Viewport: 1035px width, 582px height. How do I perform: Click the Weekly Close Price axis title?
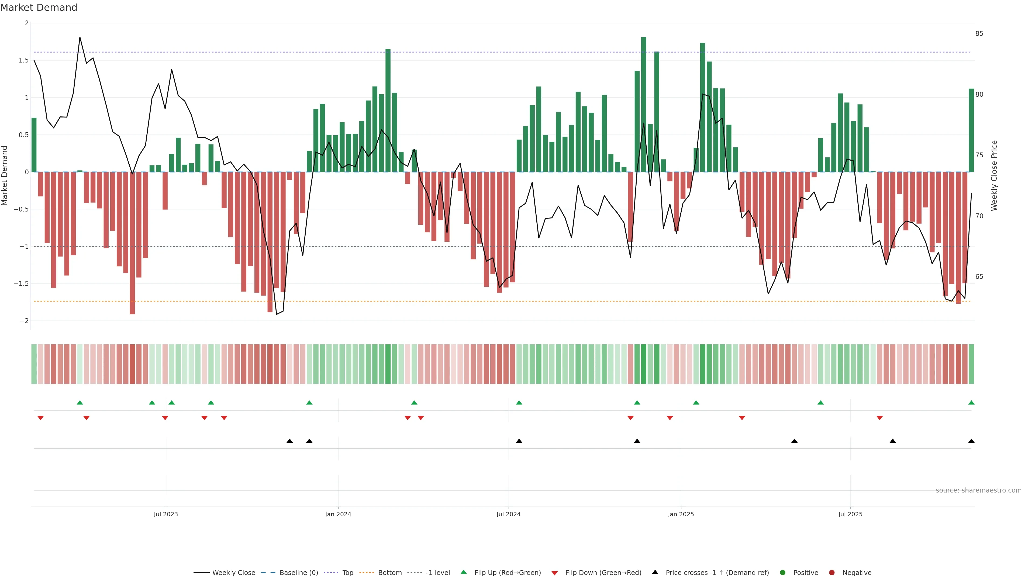994,175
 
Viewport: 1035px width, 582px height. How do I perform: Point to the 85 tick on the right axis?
979,34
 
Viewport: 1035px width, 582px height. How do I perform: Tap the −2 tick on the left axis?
24,321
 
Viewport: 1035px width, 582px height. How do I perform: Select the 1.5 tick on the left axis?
24,60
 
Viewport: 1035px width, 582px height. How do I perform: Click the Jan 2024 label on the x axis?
338,514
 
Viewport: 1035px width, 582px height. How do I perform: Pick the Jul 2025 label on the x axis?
850,514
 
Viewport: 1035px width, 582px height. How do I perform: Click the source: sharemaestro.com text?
978,490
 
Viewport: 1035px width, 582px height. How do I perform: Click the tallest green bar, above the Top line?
644,105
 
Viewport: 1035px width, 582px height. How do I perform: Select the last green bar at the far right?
971,130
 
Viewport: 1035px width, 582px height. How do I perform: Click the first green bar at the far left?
34,145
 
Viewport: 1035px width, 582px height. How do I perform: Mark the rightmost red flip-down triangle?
879,418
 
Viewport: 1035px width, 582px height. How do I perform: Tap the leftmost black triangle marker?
290,441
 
